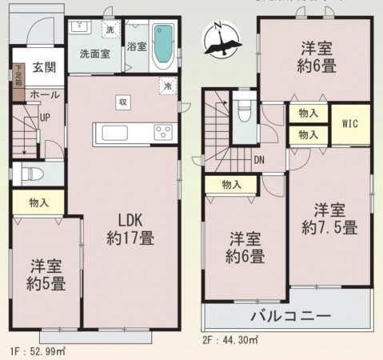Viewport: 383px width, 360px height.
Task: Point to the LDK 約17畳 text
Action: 130,228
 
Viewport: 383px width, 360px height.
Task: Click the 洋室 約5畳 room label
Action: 48,274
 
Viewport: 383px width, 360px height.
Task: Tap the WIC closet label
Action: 350,124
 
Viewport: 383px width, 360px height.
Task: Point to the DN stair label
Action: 260,159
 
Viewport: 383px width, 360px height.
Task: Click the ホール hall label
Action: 42,94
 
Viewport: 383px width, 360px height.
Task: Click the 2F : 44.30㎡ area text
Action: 233,340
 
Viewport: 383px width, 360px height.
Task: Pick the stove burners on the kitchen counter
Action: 164,133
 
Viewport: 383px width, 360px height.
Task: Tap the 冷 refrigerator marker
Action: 168,86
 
